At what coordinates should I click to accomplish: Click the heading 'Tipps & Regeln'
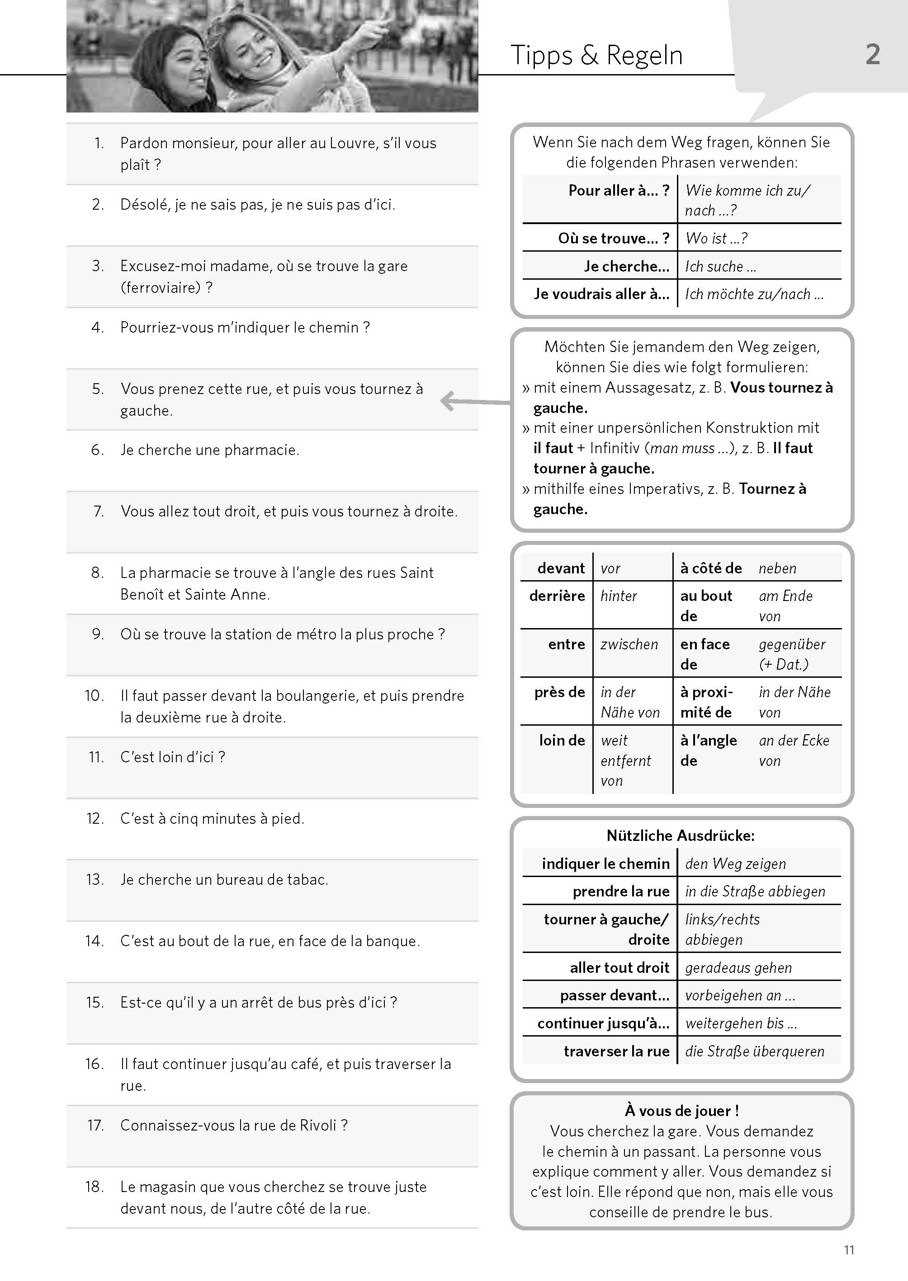(596, 55)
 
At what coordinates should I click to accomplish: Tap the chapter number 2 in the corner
(872, 55)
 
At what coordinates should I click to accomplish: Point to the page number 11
(848, 1250)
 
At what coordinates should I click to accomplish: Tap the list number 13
(95, 879)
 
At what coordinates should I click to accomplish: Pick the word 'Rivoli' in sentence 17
(317, 1125)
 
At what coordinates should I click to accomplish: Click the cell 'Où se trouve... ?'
(613, 239)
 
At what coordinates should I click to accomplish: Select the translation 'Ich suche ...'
(720, 267)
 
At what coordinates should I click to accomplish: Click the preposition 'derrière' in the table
(557, 596)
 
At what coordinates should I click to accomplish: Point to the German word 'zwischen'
(629, 644)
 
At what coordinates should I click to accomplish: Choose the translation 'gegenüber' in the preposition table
(792, 644)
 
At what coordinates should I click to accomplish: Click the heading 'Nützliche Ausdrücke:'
(681, 836)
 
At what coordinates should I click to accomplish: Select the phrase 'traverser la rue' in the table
(616, 1051)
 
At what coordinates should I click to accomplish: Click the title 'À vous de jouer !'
(681, 1111)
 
